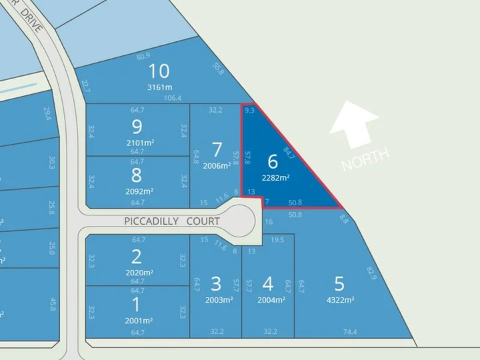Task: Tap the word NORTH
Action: point(365,159)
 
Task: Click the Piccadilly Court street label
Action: point(172,221)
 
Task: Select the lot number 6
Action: point(272,161)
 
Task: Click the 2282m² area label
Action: point(275,177)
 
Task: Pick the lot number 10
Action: point(159,71)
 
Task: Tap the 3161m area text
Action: point(160,87)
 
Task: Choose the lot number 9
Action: point(137,126)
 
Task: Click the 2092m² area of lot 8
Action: point(139,191)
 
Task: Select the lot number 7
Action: point(216,148)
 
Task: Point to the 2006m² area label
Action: point(217,165)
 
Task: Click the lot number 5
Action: point(339,283)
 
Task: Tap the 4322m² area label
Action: point(339,299)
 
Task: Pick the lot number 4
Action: point(268,283)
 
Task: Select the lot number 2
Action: point(137,256)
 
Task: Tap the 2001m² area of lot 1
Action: point(139,321)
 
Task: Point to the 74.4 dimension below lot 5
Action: point(351,331)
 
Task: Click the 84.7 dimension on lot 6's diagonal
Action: point(289,153)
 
